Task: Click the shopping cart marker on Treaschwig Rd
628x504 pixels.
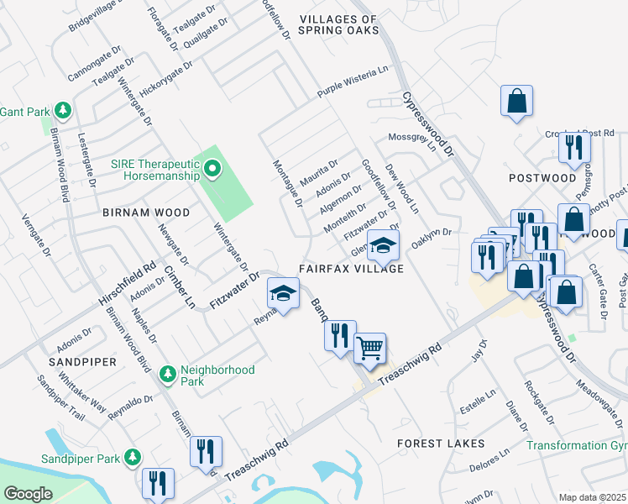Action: (x=369, y=348)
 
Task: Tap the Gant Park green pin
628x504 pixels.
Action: (x=62, y=111)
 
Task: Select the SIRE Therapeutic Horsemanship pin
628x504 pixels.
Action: (x=212, y=171)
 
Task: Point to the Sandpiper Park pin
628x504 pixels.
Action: (x=132, y=458)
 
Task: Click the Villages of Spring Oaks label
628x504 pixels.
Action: (x=338, y=25)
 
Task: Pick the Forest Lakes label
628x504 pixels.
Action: (x=441, y=443)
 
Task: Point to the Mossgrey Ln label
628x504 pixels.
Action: (x=413, y=139)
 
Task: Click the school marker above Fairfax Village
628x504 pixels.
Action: (x=382, y=245)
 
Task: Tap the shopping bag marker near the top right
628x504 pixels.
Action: (x=517, y=100)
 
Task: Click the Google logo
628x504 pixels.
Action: (x=27, y=493)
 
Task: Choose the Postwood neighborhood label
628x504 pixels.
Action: (x=542, y=178)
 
